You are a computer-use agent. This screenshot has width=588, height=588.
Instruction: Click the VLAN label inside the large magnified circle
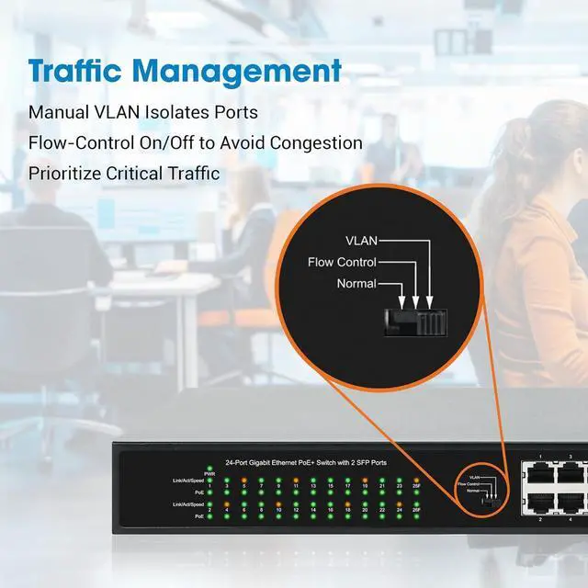point(361,241)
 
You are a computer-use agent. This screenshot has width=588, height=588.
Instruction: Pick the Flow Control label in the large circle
point(343,263)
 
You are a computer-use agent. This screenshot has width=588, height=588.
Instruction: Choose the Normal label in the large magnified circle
point(356,284)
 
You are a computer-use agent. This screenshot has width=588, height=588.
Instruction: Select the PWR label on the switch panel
point(209,473)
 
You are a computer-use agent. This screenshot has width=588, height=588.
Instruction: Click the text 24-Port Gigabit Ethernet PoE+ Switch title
point(306,462)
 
